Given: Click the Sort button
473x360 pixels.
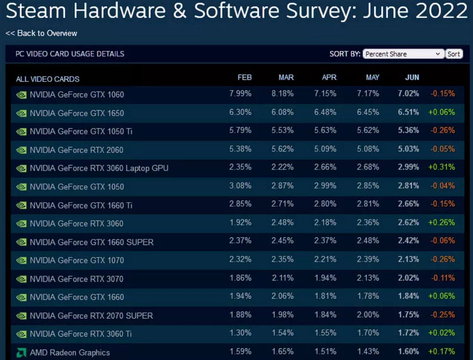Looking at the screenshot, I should pos(454,54).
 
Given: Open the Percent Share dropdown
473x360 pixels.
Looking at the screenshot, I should pos(403,54).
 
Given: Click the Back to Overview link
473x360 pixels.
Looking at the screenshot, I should pos(41,33).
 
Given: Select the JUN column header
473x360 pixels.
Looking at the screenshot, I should pos(412,77).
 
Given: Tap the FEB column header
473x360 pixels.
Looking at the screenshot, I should pos(244,77).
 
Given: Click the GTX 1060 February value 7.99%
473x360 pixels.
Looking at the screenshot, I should pos(240,94).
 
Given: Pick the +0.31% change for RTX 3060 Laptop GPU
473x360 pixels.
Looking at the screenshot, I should pos(442,167).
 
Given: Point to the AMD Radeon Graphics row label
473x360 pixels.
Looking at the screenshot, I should pos(70,353).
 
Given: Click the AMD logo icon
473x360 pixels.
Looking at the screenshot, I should pos(21,353).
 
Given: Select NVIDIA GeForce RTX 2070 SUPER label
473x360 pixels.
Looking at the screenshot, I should pos(91,316).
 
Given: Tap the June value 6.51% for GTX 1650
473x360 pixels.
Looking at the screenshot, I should pos(408,112).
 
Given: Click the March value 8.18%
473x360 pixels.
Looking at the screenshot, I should pos(282,94).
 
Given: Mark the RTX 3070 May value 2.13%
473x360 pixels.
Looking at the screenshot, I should pos(368,278).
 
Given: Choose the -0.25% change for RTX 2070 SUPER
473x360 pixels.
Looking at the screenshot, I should pos(442,315).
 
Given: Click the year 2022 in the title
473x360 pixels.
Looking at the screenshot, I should pos(441,11).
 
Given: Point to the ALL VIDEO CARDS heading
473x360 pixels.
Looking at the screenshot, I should pos(48,79).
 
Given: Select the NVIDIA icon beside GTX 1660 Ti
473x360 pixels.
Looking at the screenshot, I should pos(21,205).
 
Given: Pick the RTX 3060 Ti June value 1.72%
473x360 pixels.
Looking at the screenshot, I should pos(408,333).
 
